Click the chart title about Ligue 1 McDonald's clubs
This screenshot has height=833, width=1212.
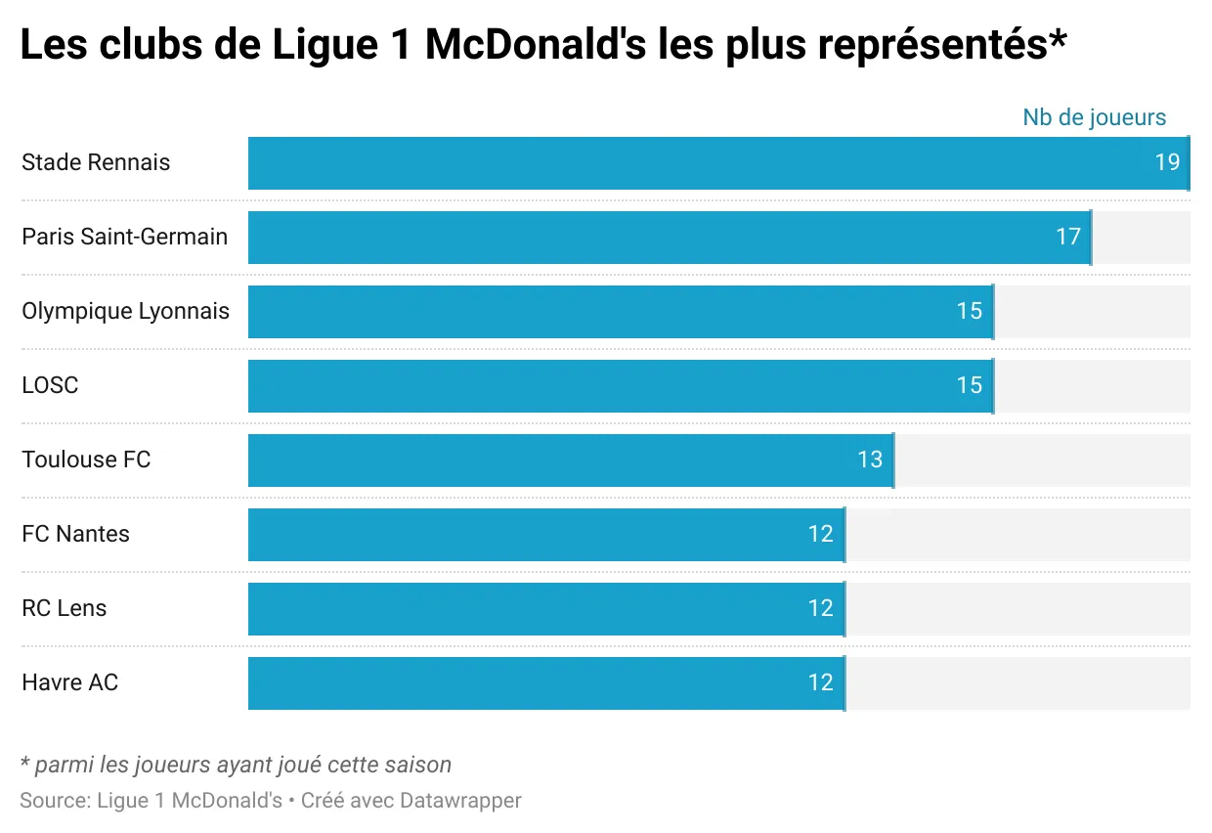tap(542, 46)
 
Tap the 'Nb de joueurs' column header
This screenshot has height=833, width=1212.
tap(1094, 117)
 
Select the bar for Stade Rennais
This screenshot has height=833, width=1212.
tap(684, 163)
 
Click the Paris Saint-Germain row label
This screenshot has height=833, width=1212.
tap(124, 237)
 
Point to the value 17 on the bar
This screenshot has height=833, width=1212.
tap(1067, 237)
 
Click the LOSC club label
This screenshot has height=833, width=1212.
tap(50, 385)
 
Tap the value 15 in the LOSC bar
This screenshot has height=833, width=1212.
tap(969, 385)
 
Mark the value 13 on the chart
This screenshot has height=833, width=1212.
tap(869, 460)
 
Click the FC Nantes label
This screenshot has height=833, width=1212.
tap(75, 534)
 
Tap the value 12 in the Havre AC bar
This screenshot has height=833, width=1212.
tap(820, 682)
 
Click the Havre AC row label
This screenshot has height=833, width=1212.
tap(69, 682)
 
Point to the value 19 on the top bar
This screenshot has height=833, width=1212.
tap(1167, 162)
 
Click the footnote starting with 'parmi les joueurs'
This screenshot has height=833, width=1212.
tap(236, 765)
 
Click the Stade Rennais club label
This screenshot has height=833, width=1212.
tap(96, 162)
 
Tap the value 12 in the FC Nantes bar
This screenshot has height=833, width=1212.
tap(820, 534)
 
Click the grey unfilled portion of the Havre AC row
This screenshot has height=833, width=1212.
tap(1017, 683)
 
